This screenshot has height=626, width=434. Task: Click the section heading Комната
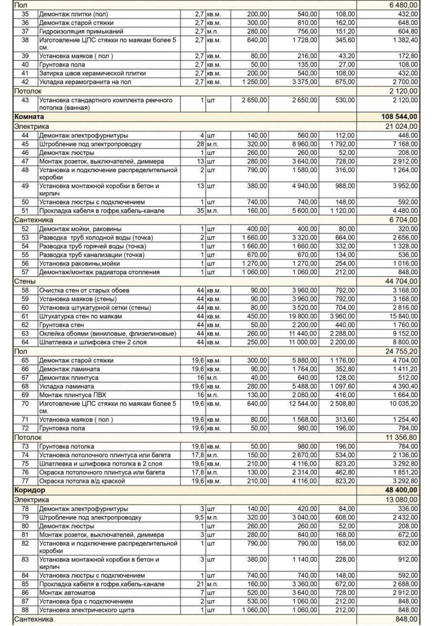tap(29, 117)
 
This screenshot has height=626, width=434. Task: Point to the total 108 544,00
tap(398, 117)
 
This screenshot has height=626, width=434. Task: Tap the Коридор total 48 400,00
tap(400, 490)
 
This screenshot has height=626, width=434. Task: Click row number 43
tap(25, 100)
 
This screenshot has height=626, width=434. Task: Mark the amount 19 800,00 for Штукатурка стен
tap(302, 317)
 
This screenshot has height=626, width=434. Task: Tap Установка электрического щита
tap(86, 610)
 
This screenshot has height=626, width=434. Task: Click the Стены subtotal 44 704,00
tap(400, 281)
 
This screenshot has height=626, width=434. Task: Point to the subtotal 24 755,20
tap(400, 351)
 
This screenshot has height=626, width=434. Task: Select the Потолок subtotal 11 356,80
tap(400, 437)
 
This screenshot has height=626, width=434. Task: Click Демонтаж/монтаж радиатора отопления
tap(99, 272)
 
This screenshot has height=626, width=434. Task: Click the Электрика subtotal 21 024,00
tap(400, 127)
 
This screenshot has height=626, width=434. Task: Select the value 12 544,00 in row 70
tap(302, 404)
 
